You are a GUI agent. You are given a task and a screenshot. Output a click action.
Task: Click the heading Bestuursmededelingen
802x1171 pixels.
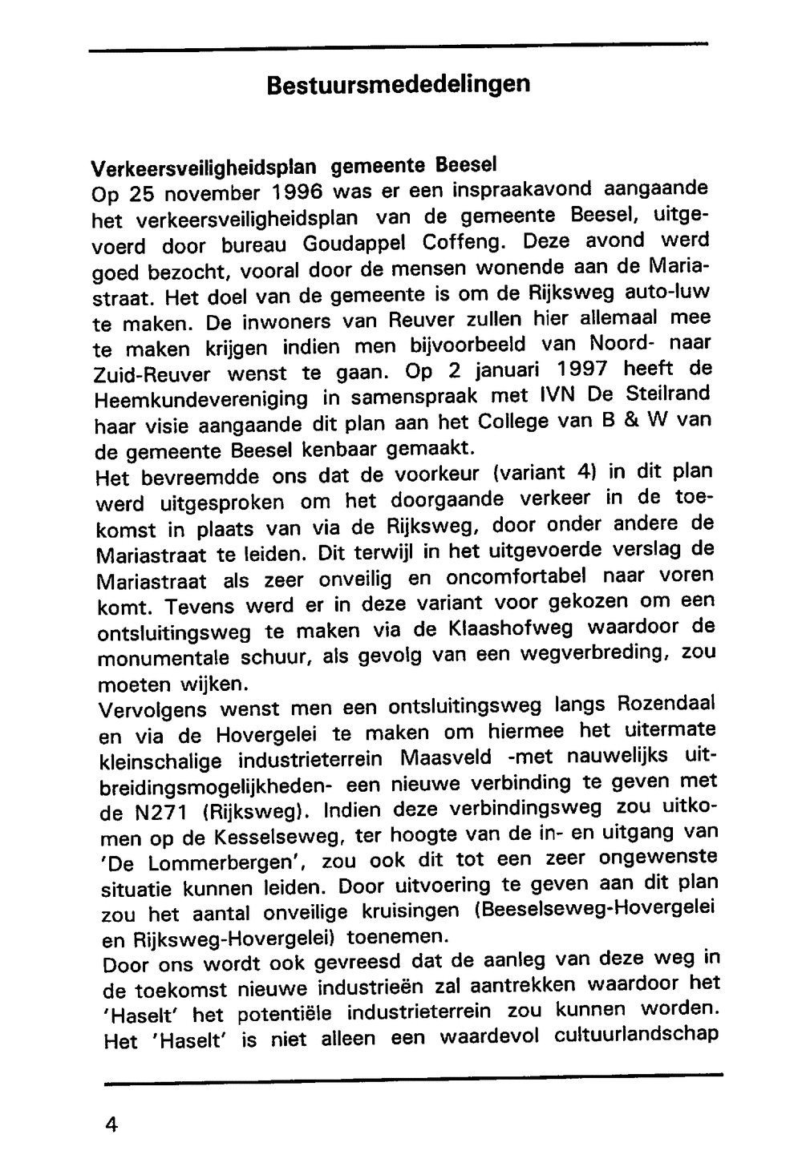[399, 85]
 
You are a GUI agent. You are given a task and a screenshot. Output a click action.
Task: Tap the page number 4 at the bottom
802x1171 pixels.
[111, 1125]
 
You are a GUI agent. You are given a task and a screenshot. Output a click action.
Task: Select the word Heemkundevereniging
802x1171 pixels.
[200, 398]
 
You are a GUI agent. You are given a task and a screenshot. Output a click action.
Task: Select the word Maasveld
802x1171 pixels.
[449, 757]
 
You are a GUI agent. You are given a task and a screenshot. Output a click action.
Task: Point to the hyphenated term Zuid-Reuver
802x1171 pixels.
[152, 374]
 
